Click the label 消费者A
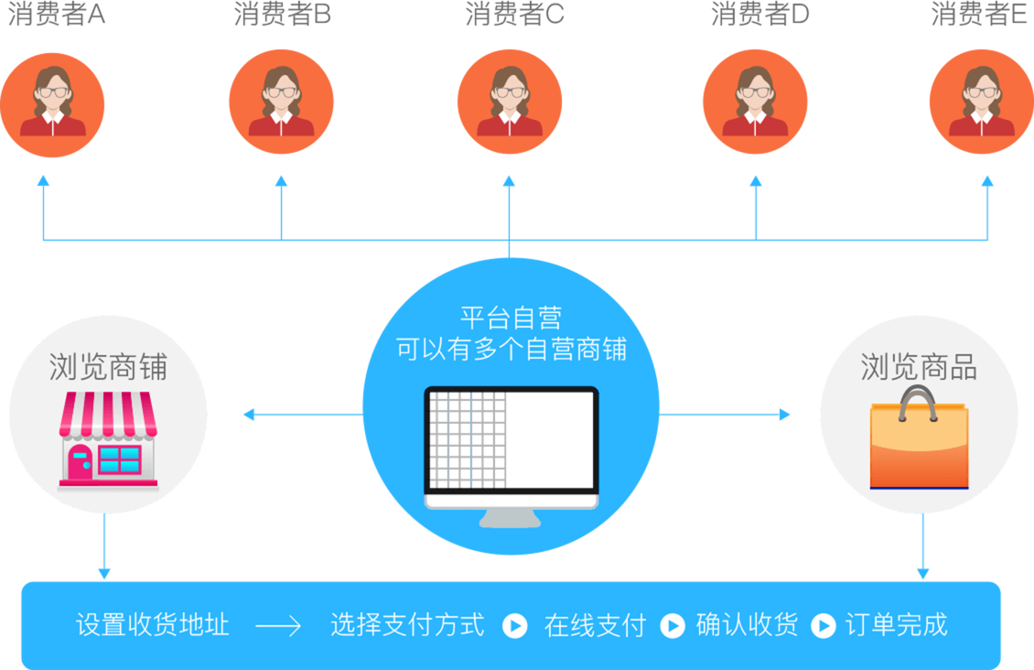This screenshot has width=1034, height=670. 57,16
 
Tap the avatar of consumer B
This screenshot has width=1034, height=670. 281,102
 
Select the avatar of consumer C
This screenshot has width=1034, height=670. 510,102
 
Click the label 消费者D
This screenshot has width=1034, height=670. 759,16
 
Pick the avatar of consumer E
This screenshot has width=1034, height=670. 982,102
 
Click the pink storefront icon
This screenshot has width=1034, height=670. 108,439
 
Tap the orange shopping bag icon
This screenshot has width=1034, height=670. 919,438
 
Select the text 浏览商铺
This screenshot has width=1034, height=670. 108,367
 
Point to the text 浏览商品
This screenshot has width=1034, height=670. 919,367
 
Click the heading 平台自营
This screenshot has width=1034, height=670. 511,319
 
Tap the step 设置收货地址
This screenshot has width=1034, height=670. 152,626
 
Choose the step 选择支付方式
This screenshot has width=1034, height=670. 407,626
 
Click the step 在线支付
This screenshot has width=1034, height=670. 595,626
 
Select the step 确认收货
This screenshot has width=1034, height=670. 747,626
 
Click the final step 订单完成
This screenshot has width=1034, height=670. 897,626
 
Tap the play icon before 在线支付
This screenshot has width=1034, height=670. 515,626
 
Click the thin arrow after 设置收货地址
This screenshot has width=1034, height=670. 278,626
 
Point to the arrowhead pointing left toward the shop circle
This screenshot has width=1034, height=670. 248,416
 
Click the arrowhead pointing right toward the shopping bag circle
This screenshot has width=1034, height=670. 785,416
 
